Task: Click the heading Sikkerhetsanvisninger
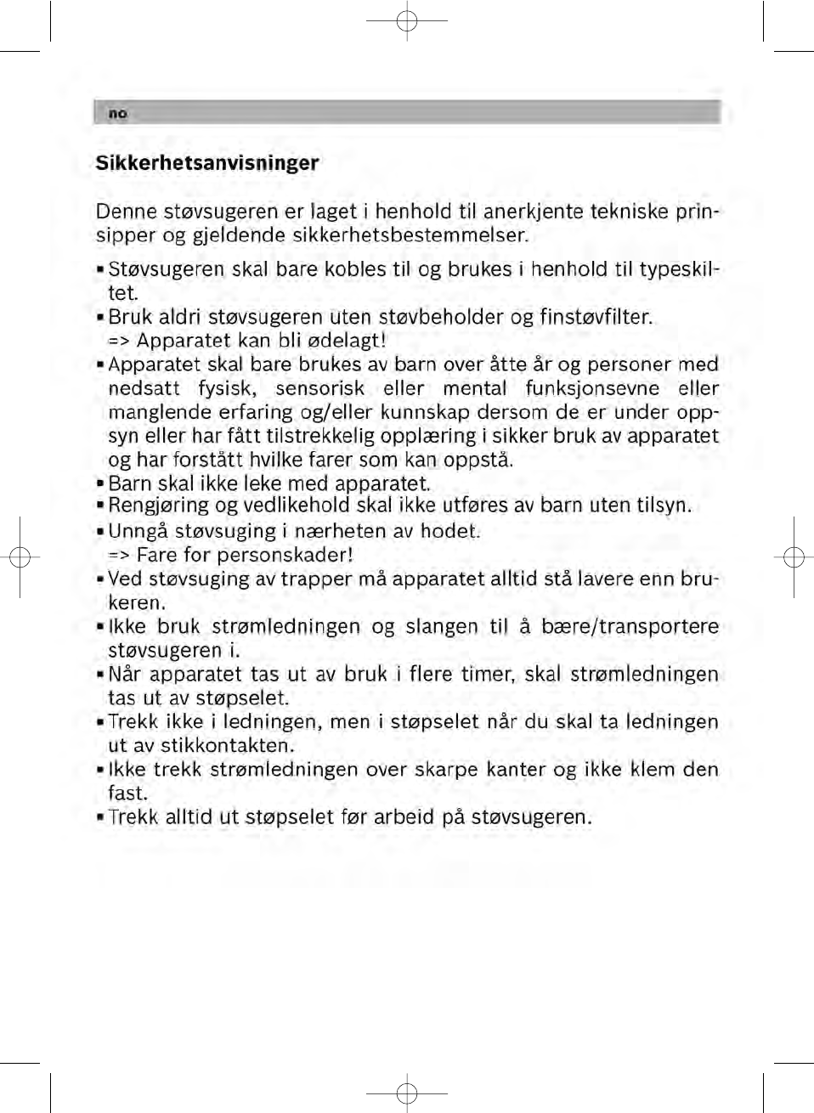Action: [x=207, y=163]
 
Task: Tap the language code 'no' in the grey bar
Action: [x=117, y=114]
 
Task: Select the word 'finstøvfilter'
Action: [x=595, y=317]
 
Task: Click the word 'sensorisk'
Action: [x=319, y=388]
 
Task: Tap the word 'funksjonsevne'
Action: [x=592, y=388]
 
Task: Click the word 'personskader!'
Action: [x=285, y=556]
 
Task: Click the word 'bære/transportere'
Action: [x=630, y=627]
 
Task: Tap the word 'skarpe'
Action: [x=446, y=770]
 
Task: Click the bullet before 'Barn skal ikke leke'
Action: [x=100, y=484]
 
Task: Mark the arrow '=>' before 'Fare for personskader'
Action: [x=119, y=556]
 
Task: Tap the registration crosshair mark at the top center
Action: [x=407, y=20]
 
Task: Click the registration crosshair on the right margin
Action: [x=794, y=557]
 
